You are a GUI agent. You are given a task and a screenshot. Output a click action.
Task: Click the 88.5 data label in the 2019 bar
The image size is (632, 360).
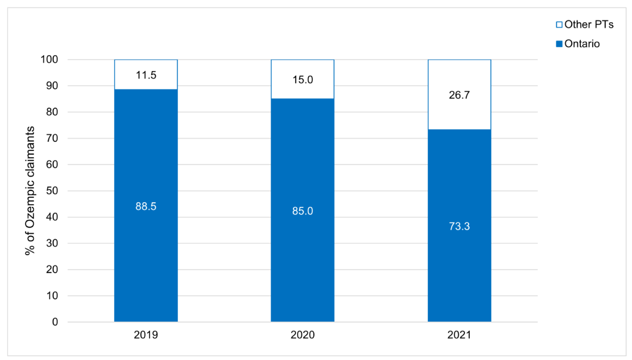[146, 206]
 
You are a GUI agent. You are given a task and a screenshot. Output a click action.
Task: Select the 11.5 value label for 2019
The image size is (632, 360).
[146, 75]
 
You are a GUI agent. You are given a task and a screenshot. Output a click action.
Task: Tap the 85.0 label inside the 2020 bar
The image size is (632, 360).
[302, 211]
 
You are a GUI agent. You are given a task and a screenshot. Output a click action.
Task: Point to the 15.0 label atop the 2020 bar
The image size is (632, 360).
[302, 80]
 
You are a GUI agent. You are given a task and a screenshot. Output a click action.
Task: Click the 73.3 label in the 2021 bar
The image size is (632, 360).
[459, 226]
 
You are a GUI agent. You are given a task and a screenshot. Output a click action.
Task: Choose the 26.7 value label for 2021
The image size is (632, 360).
[459, 95]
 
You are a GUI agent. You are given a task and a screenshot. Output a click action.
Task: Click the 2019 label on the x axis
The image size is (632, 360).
[146, 334]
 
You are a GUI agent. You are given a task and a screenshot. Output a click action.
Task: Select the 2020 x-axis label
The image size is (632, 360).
[302, 334]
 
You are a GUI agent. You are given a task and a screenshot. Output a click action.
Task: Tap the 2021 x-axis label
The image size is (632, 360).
[459, 334]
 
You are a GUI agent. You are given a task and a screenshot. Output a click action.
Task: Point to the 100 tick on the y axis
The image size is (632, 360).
[49, 59]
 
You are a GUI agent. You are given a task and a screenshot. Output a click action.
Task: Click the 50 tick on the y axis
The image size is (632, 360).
[52, 191]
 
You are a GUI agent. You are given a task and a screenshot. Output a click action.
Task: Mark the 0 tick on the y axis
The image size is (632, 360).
[55, 322]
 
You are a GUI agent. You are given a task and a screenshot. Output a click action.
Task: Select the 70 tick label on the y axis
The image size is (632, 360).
[52, 138]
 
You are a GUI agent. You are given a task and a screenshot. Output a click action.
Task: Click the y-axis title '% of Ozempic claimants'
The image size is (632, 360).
[30, 191]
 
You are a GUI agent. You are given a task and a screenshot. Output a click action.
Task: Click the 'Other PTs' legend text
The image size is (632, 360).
[589, 25]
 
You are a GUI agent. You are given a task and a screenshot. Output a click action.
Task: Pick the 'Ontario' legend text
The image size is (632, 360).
[582, 44]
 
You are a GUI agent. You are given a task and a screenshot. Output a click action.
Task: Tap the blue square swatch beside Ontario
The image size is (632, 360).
[559, 44]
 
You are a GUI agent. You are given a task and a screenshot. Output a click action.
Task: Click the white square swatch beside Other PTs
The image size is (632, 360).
[559, 25]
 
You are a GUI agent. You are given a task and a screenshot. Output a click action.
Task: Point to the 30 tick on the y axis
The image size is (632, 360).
[52, 243]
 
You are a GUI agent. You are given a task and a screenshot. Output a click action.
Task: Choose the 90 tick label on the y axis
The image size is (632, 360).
[52, 86]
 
